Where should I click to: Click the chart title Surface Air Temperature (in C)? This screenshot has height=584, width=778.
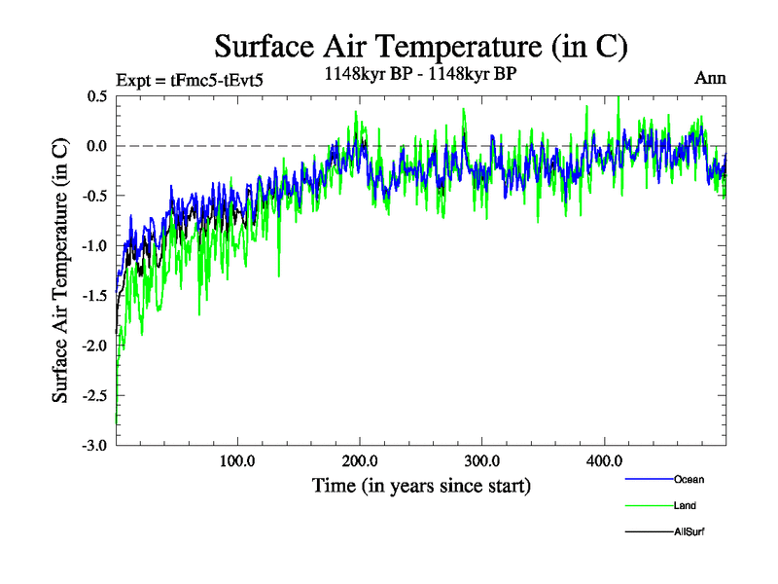click(x=421, y=46)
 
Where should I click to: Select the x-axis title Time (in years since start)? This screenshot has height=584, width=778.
click(x=421, y=484)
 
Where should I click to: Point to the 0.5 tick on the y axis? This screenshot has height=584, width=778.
click(x=96, y=96)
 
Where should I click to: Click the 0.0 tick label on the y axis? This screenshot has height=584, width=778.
click(x=96, y=146)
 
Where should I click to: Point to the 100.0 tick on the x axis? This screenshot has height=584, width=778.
click(x=238, y=460)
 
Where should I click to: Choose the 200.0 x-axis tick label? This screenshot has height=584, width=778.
click(x=360, y=460)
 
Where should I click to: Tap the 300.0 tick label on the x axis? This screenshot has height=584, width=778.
click(x=482, y=460)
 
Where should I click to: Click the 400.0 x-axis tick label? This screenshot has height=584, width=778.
click(x=604, y=460)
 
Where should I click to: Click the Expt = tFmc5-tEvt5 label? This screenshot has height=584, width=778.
click(x=189, y=80)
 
